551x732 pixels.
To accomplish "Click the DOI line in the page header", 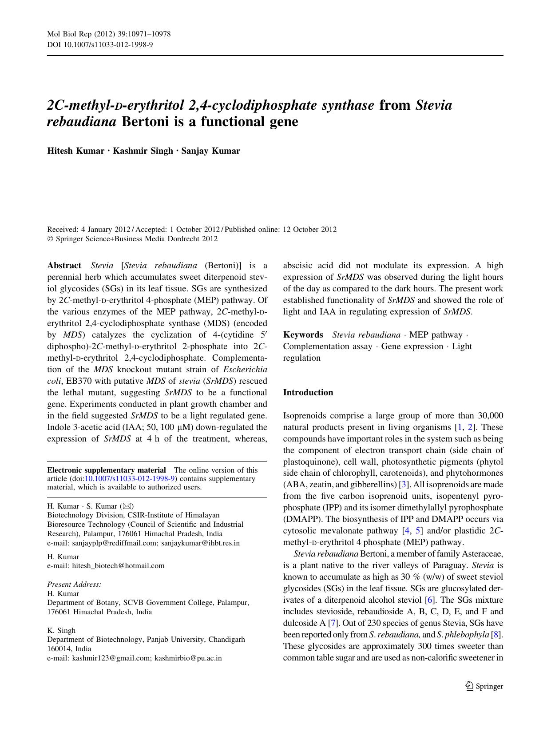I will [100, 44].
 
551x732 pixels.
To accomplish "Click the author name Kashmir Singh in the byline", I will [143, 151].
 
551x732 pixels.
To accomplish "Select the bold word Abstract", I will [64, 266].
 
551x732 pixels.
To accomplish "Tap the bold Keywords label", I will [303, 335].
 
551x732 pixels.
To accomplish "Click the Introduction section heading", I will [308, 393].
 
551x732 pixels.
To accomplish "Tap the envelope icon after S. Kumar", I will [127, 506].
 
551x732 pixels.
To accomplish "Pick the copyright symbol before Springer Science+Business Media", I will [50, 239].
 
